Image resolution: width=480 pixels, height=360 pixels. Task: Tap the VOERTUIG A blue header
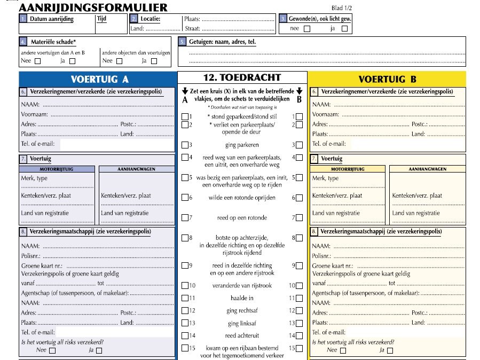click(x=100, y=79)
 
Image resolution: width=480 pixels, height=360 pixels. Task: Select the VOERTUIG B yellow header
click(x=387, y=80)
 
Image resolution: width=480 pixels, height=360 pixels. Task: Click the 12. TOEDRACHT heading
click(x=242, y=77)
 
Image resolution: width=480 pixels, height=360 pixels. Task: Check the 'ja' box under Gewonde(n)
click(x=344, y=29)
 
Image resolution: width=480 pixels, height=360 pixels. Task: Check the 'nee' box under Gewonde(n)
click(x=306, y=29)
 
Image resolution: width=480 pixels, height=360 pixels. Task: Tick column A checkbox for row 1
click(x=185, y=116)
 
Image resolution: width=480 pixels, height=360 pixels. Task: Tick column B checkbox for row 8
click(x=299, y=238)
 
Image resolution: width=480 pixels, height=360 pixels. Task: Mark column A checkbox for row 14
click(x=185, y=336)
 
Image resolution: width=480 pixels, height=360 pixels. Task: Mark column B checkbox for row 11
click(x=299, y=299)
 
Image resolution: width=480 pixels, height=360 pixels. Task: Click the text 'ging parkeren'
click(x=241, y=145)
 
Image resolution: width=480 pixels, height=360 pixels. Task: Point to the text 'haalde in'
click(x=241, y=298)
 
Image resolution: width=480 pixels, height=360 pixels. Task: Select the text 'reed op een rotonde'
click(x=241, y=218)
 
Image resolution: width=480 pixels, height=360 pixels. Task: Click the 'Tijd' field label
click(x=102, y=19)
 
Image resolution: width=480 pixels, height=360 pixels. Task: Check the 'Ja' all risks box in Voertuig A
click(x=99, y=351)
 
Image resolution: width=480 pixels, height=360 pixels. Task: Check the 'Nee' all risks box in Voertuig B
click(x=343, y=351)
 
